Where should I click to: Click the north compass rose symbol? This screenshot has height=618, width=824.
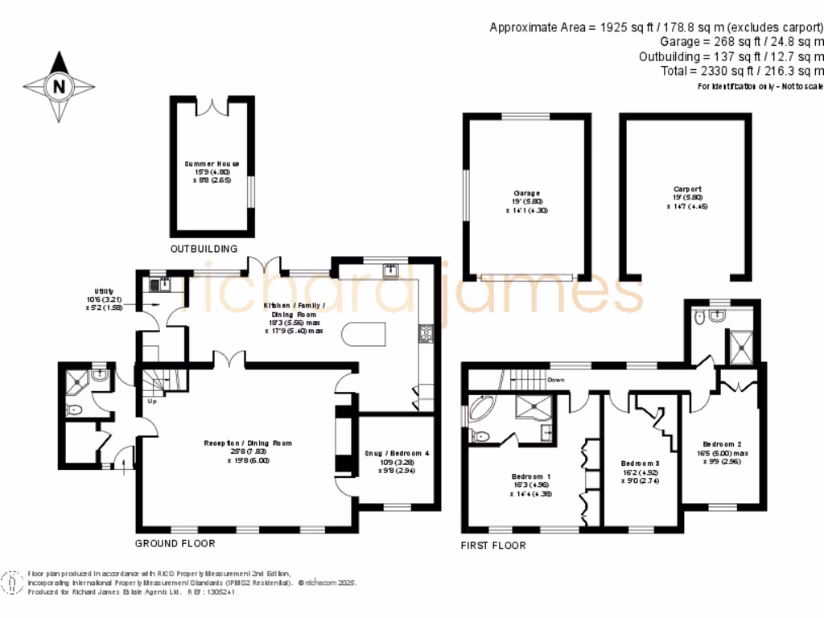(x=58, y=86)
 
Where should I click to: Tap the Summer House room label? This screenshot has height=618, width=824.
(x=212, y=171)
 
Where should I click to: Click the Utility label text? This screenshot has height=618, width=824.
(x=104, y=298)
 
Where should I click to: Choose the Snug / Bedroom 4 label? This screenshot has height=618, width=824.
(x=398, y=461)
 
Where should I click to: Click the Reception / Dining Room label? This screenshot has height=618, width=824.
(x=248, y=451)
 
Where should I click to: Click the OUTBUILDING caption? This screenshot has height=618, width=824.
(x=204, y=249)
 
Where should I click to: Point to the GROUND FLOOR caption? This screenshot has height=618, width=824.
(x=175, y=544)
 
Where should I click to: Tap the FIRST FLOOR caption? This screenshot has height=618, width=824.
(x=492, y=546)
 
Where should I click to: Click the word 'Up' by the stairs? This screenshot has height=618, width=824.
(x=151, y=400)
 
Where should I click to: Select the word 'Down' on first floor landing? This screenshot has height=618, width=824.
(x=555, y=380)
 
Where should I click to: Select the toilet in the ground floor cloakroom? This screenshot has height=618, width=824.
(x=75, y=410)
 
